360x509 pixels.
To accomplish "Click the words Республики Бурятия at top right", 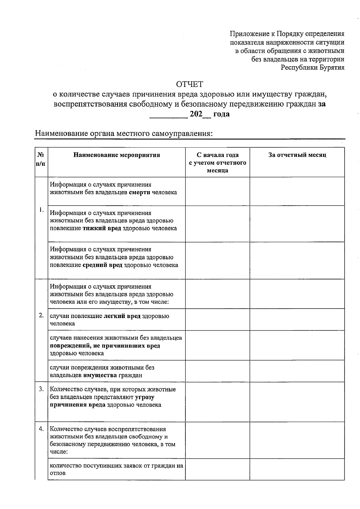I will coord(312,67).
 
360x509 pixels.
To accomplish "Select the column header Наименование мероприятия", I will coord(117,155).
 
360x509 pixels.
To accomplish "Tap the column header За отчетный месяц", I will coord(297,155).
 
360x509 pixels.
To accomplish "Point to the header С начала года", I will coord(217,155).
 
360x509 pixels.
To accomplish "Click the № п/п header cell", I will coord(41,159).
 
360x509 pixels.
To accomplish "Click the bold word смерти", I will coord(139,192).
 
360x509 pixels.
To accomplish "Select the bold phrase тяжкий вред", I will coord(102,228).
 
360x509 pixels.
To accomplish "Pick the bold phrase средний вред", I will coord(102,265).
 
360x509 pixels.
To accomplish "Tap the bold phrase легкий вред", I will coord(122,316).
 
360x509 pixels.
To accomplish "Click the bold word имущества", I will coord(100,375).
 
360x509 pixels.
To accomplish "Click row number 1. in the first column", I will coord(41,210).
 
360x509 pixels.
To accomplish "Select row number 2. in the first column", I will coord(41,315).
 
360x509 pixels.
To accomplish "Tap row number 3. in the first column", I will coord(41,389).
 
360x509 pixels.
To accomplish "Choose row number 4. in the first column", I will coord(41,429).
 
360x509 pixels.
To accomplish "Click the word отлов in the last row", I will coord(58,473).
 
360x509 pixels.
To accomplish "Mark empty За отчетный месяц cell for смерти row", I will coord(297,191).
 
